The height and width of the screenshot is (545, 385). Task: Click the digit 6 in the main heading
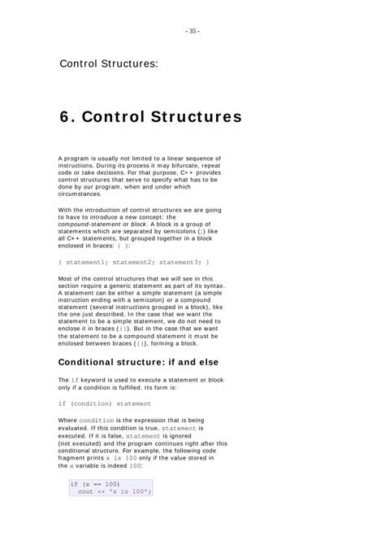(65, 116)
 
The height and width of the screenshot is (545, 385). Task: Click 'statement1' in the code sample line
(86, 262)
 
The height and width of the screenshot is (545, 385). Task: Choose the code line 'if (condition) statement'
(105, 403)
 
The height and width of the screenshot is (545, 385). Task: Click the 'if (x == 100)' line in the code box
(95, 483)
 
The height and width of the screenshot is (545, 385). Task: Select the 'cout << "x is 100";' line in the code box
(115, 491)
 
